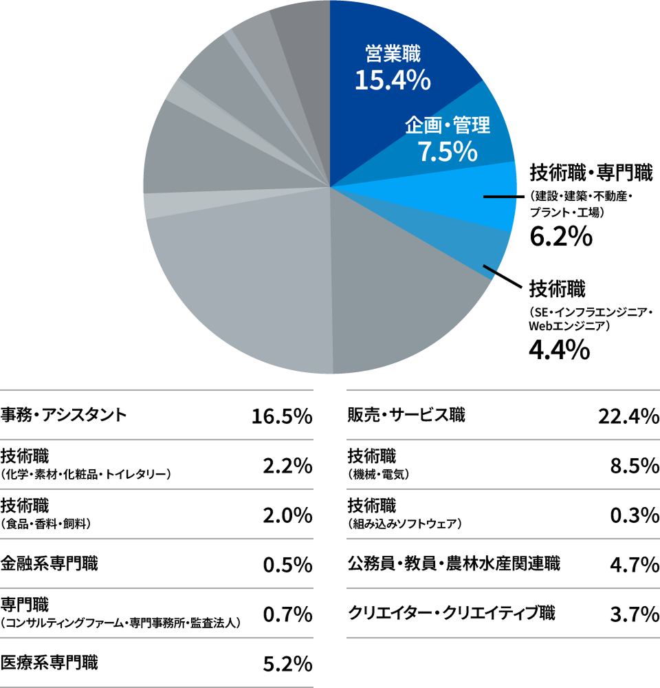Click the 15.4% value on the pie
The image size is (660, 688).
click(393, 80)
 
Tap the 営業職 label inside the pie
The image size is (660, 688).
click(393, 54)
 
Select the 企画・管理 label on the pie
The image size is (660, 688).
click(447, 125)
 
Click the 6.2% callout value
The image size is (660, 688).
click(560, 237)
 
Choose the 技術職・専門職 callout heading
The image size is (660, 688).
click(590, 172)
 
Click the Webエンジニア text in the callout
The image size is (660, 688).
click(566, 325)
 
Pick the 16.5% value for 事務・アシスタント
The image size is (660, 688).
click(282, 416)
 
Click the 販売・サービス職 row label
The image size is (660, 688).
click(406, 416)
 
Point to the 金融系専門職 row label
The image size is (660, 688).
click(49, 564)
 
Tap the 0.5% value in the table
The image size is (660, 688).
click(288, 565)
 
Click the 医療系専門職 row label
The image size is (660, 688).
click(49, 663)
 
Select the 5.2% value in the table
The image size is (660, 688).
click(288, 664)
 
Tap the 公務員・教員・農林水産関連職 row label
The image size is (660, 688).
click(454, 564)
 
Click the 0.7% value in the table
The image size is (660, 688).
click(288, 614)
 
